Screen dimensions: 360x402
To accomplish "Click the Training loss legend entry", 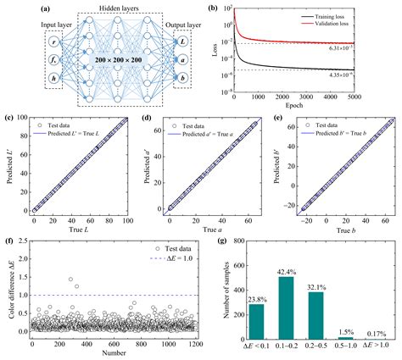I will pos(347,16).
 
